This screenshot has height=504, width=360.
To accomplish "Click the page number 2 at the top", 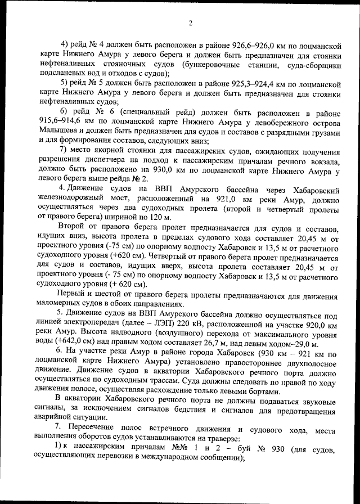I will [190, 22].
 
